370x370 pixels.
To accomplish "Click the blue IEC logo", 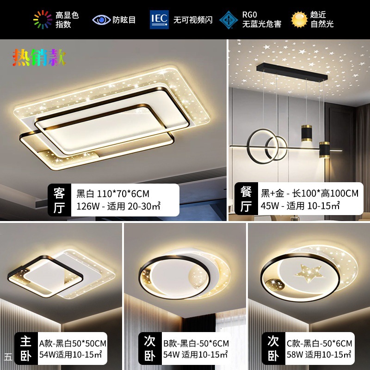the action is pyautogui.click(x=159, y=19).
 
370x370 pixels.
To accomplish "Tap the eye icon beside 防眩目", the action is pyautogui.click(x=101, y=20).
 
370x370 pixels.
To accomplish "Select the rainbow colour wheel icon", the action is pyautogui.click(x=43, y=19).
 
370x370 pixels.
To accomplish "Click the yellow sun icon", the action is pyautogui.click(x=299, y=19).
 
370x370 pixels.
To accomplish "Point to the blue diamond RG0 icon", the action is pyautogui.click(x=228, y=20).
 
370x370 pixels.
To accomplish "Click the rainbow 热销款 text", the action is pyautogui.click(x=39, y=57).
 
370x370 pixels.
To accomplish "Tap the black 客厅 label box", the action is pyautogui.click(x=60, y=200).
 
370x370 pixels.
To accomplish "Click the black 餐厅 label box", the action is pyautogui.click(x=246, y=198).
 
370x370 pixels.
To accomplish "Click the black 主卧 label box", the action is pyautogui.click(x=26, y=349).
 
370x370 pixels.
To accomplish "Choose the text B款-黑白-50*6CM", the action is pyautogui.click(x=196, y=344).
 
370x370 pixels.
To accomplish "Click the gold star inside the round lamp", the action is pyautogui.click(x=309, y=273).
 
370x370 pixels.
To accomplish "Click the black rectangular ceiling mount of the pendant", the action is pyautogui.click(x=292, y=72).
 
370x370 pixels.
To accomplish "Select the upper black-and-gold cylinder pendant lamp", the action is pyautogui.click(x=307, y=133).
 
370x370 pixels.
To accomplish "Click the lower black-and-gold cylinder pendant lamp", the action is pyautogui.click(x=325, y=149).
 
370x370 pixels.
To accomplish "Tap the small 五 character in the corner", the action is pyautogui.click(x=8, y=357).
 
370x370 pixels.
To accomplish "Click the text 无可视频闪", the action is pyautogui.click(x=193, y=20).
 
